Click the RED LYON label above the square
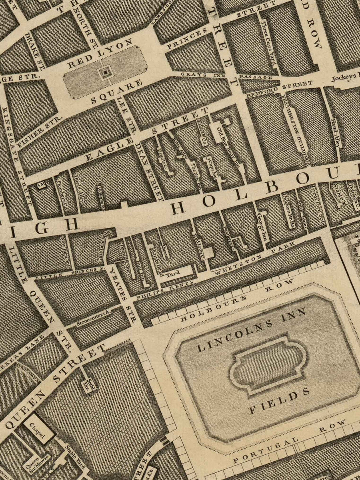[100, 53]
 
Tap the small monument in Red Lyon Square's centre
[105, 72]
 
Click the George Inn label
[262, 226]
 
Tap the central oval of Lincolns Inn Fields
[268, 365]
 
